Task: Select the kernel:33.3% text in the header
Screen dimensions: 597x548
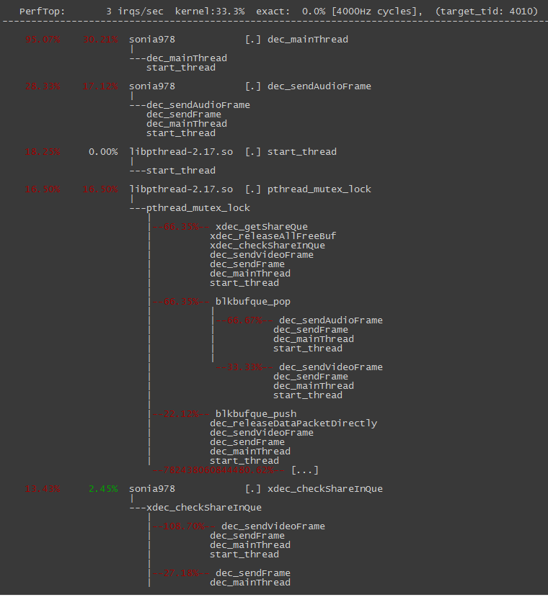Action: (x=210, y=12)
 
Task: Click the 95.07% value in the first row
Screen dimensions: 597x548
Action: (x=43, y=40)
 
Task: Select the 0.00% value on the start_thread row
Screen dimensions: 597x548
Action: (x=103, y=152)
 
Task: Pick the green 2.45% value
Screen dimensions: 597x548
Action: (x=103, y=489)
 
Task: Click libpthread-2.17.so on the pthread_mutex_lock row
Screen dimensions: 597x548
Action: (x=181, y=189)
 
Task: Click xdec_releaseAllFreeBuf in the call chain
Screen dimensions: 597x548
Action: (x=273, y=236)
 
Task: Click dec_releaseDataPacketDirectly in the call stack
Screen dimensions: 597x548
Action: (x=293, y=423)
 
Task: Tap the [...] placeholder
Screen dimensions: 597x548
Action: (x=304, y=470)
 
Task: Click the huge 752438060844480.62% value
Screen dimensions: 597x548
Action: (x=218, y=470)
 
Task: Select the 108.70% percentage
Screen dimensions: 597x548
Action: (x=185, y=526)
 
